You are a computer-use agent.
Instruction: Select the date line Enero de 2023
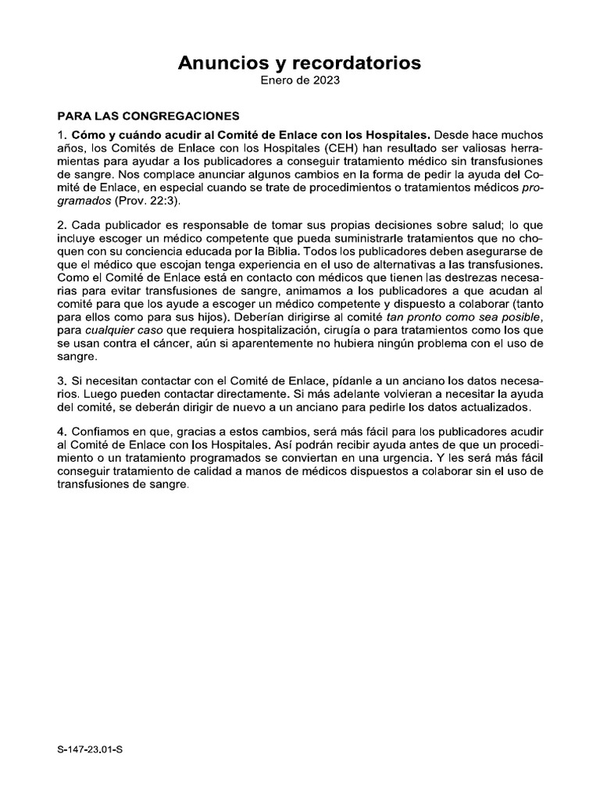click(300, 80)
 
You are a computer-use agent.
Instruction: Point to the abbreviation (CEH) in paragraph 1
click(314, 148)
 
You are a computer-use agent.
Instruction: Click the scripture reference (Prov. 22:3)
click(147, 201)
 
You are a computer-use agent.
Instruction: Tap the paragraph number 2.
click(62, 227)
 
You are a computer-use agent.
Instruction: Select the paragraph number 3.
click(62, 379)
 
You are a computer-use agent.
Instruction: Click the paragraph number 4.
click(62, 432)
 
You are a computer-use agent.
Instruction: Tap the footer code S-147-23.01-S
click(91, 749)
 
